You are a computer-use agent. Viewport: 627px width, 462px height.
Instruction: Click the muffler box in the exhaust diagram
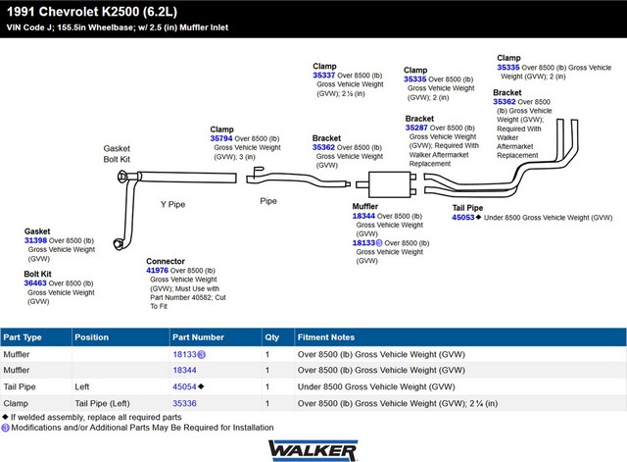pyautogui.click(x=390, y=184)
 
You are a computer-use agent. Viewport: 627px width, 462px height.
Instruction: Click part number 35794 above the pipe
pyautogui.click(x=221, y=138)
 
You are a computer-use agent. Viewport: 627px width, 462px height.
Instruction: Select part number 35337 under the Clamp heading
pyautogui.click(x=324, y=76)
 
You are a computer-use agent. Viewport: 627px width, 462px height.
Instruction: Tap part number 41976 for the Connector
pyautogui.click(x=157, y=270)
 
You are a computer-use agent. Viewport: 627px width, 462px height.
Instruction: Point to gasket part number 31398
pyautogui.click(x=35, y=240)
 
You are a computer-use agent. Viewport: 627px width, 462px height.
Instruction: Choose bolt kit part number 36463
pyautogui.click(x=35, y=283)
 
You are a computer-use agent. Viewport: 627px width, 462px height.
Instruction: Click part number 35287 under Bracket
pyautogui.click(x=416, y=128)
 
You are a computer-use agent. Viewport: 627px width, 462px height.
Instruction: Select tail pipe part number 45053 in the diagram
pyautogui.click(x=463, y=218)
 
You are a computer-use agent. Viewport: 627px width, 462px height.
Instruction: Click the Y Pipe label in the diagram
pyautogui.click(x=172, y=205)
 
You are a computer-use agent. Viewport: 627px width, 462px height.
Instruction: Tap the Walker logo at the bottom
pyautogui.click(x=313, y=451)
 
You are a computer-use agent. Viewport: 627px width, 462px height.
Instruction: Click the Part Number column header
pyautogui.click(x=198, y=337)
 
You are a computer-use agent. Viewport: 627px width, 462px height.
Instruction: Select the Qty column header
pyautogui.click(x=272, y=337)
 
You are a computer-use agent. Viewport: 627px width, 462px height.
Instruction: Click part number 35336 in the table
pyautogui.click(x=184, y=403)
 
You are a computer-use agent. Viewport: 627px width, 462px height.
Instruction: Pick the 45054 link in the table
pyautogui.click(x=184, y=386)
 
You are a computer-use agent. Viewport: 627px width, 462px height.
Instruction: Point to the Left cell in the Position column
pyautogui.click(x=82, y=386)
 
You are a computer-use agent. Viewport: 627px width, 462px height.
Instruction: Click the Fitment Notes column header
pyautogui.click(x=326, y=337)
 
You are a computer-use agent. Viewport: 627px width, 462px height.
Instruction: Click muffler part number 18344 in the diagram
pyautogui.click(x=363, y=216)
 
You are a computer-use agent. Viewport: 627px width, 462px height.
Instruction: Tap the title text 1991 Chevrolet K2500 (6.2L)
pyautogui.click(x=92, y=12)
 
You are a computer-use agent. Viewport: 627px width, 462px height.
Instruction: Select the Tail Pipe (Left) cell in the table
pyautogui.click(x=102, y=403)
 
